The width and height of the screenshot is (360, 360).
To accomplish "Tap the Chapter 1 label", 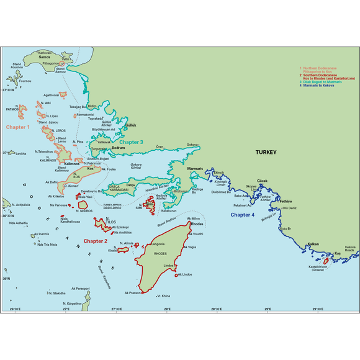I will click(x=18, y=127).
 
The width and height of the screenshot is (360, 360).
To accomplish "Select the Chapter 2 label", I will click(x=96, y=241).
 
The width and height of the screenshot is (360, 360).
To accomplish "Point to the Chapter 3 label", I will click(x=131, y=142).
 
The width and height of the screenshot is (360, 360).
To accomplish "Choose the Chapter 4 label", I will click(x=243, y=215).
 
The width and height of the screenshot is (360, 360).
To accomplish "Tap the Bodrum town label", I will click(x=118, y=148).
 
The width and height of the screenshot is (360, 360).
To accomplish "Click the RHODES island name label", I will click(x=160, y=254).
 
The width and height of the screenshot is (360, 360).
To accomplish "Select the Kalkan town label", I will click(x=313, y=244).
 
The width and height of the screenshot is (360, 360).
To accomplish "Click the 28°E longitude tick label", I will click(x=168, y=308).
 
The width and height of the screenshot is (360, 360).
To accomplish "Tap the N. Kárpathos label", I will click(x=73, y=303).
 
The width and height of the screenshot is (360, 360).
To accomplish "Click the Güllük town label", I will click(x=130, y=125).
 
